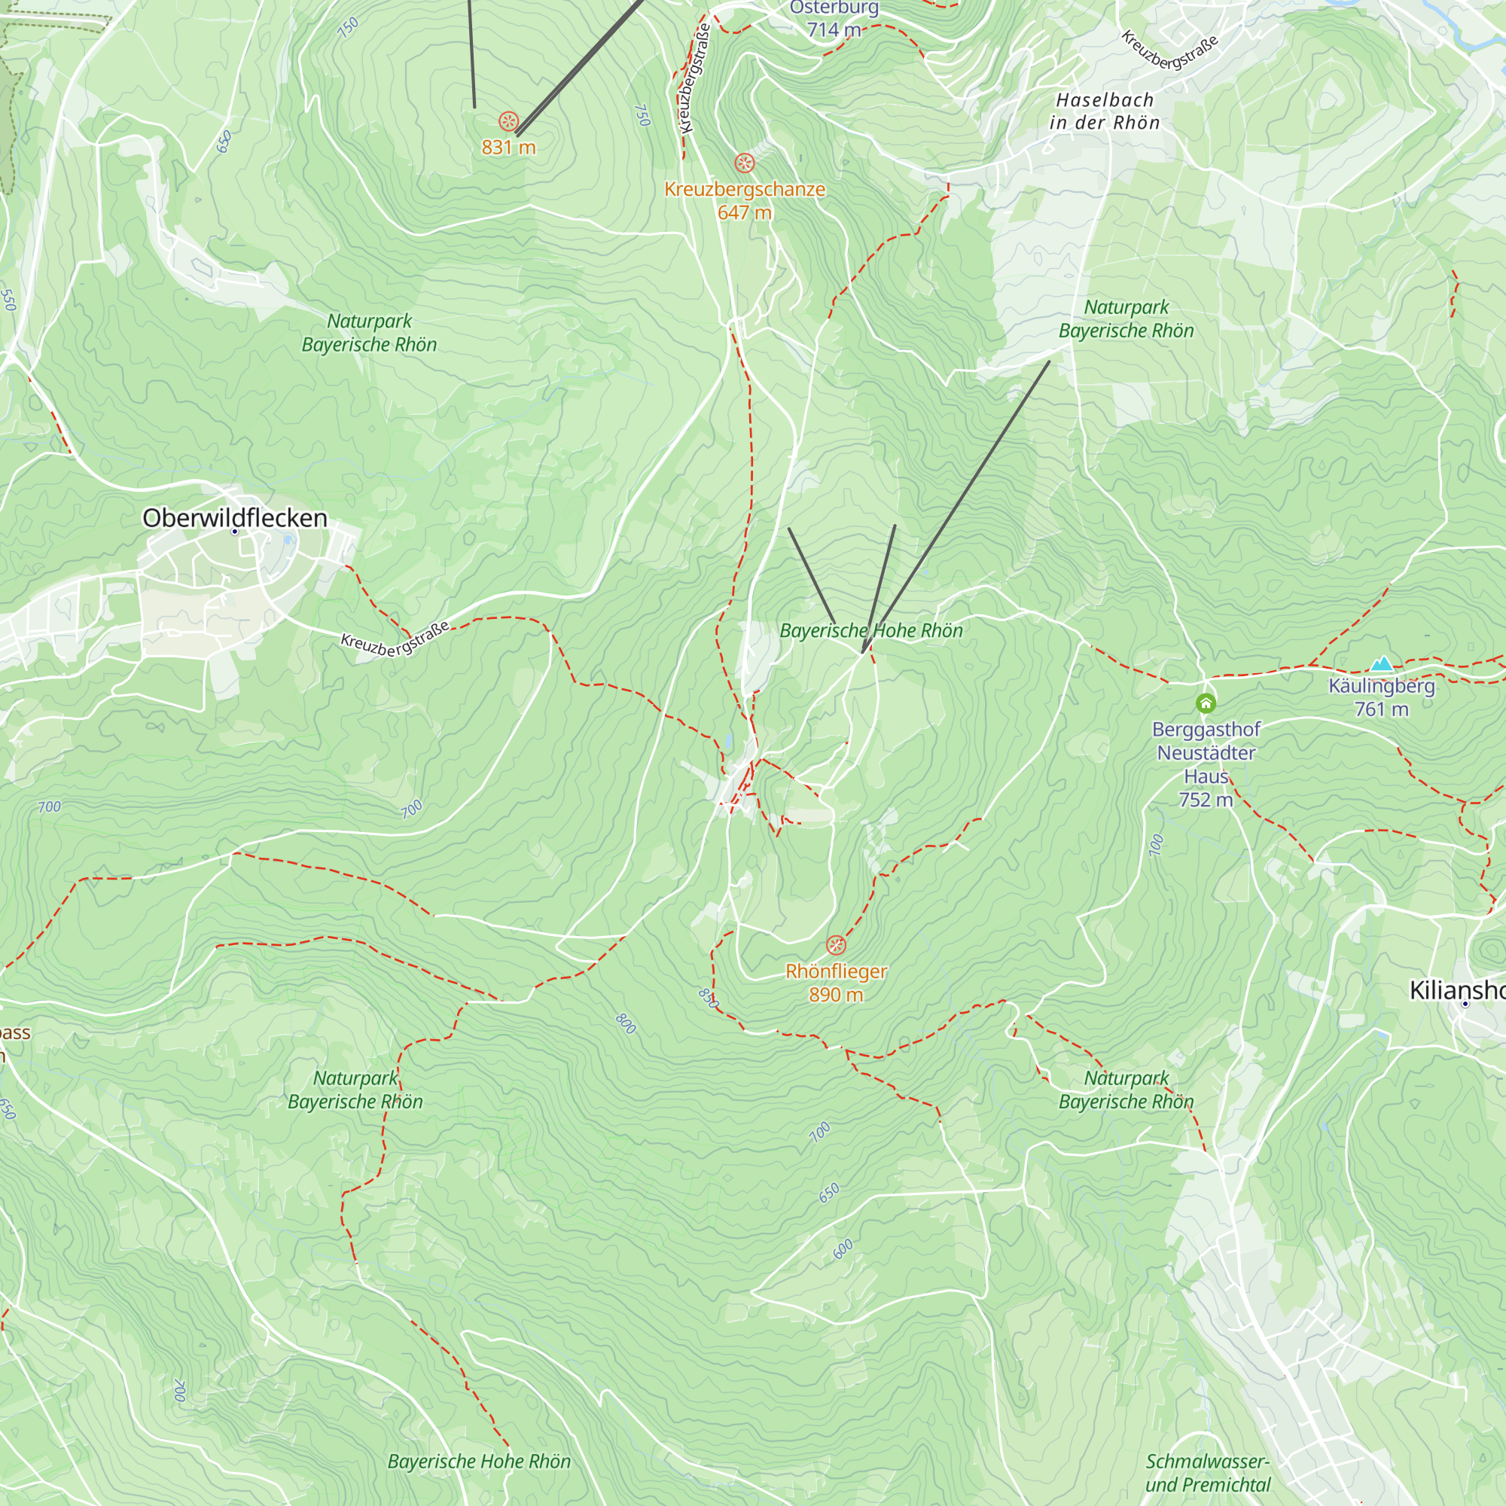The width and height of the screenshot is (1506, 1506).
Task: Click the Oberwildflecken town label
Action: (235, 517)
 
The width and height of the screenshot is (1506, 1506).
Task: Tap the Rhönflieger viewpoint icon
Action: (836, 946)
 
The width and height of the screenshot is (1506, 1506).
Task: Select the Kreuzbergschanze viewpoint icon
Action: (745, 163)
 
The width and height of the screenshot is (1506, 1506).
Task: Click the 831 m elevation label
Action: (508, 148)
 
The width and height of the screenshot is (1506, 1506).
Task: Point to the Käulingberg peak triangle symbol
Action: (1381, 664)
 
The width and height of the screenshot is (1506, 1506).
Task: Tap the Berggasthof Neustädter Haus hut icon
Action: (1206, 704)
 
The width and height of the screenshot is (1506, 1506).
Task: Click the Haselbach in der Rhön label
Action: (1105, 111)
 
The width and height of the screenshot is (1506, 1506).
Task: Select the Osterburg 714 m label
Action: (834, 19)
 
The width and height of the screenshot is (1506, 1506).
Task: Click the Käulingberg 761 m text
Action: (1381, 698)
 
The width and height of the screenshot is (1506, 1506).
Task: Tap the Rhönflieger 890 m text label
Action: (836, 982)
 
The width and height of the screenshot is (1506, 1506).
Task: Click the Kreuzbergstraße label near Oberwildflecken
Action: (395, 639)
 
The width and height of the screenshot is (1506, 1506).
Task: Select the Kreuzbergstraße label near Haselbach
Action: (1169, 50)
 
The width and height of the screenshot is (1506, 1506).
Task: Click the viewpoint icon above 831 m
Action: (508, 121)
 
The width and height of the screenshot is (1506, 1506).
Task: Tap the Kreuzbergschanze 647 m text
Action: (745, 200)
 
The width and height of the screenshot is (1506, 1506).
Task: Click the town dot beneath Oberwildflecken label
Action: (235, 532)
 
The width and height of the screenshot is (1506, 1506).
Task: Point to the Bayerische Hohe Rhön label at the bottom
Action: (479, 1462)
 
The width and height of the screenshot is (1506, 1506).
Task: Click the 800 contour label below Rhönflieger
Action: (626, 1023)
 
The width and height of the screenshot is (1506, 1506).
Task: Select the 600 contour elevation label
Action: (843, 1248)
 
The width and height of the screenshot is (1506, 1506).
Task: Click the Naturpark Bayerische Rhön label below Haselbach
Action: (1126, 319)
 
